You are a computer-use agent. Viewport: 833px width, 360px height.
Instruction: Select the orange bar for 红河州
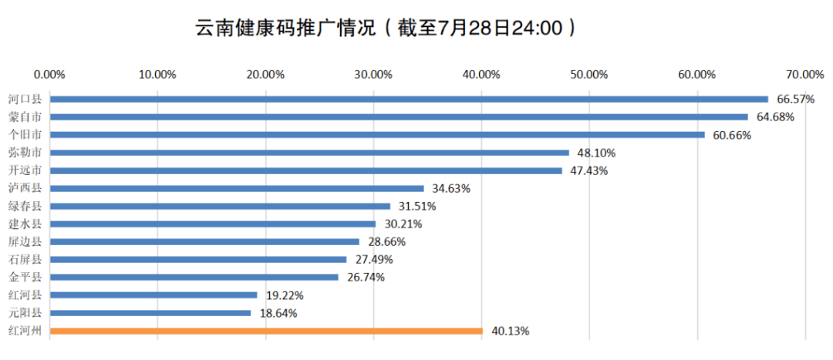[266, 331]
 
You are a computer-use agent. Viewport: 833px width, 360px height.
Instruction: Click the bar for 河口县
[409, 99]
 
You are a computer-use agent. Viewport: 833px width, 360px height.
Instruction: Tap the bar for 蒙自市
[399, 117]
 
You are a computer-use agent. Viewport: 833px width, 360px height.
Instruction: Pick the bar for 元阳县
[150, 313]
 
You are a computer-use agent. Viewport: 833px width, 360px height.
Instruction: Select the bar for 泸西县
[237, 188]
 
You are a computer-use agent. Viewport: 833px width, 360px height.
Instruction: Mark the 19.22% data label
[285, 295]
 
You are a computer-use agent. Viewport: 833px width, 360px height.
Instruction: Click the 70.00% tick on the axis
[805, 74]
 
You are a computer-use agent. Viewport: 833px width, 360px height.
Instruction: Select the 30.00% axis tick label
[373, 74]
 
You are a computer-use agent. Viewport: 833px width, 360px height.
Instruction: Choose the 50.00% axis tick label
[589, 74]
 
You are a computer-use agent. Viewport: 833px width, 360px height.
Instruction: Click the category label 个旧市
[25, 135]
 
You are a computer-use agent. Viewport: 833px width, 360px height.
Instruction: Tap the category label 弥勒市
[25, 153]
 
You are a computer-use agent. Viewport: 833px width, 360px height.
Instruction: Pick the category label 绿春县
[25, 206]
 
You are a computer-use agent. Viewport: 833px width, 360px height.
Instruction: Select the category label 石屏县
[25, 260]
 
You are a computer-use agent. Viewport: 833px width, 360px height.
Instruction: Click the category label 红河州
[25, 331]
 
